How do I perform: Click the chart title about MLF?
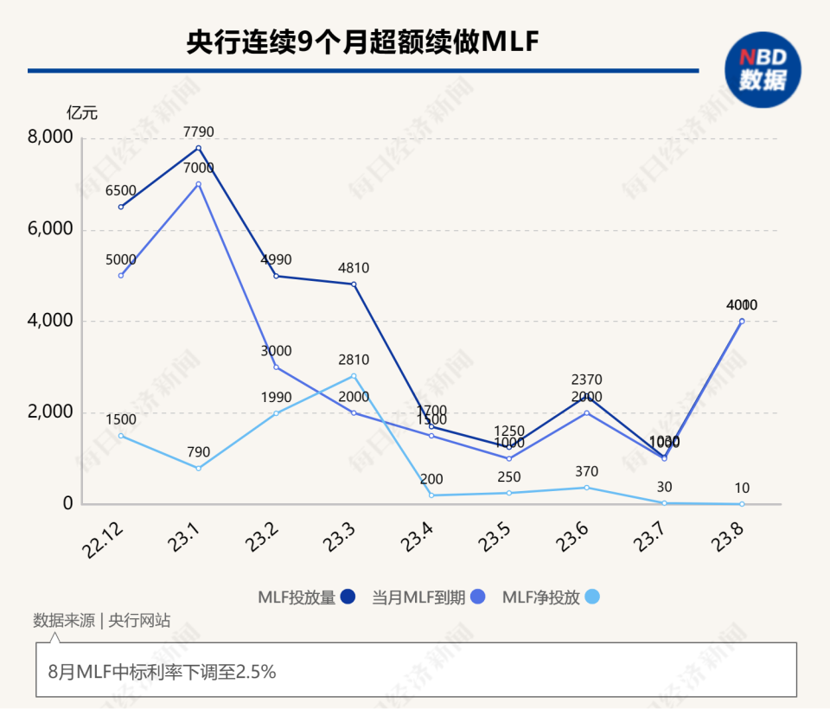pyautogui.click(x=362, y=42)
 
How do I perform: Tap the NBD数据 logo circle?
pyautogui.click(x=763, y=69)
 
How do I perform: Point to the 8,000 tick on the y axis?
pyautogui.click(x=51, y=138)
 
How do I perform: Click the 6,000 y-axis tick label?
pyautogui.click(x=51, y=230)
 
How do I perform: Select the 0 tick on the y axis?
pyautogui.click(x=67, y=504)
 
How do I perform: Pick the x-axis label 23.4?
pyautogui.click(x=418, y=540)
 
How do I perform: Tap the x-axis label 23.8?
pyautogui.click(x=729, y=540)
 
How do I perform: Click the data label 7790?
pyautogui.click(x=198, y=132)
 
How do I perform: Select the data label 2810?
pyautogui.click(x=354, y=360)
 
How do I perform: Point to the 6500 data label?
pyautogui.click(x=121, y=191)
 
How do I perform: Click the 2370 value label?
pyautogui.click(x=586, y=380)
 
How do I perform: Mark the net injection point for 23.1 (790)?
pyautogui.click(x=198, y=468)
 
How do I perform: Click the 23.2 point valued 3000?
pyautogui.click(x=276, y=367)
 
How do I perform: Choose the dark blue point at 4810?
pyautogui.click(x=354, y=284)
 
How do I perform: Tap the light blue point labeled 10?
pyautogui.click(x=742, y=503)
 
